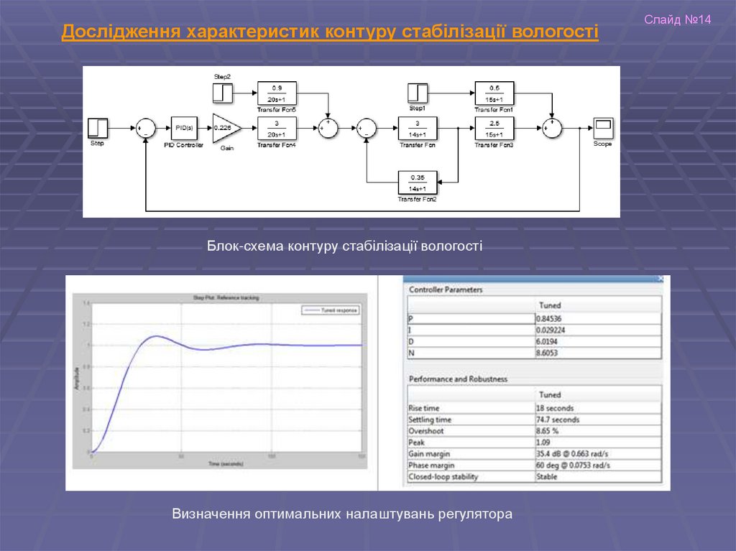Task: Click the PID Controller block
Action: (184, 128)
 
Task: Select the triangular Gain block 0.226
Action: (225, 128)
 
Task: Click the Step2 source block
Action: (223, 93)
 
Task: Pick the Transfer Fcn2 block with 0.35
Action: (418, 182)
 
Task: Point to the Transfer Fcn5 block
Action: (277, 93)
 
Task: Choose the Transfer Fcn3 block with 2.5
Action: (494, 128)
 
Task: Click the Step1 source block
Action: (418, 93)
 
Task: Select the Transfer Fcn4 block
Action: (277, 128)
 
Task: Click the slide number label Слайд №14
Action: (677, 19)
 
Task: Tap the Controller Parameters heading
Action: (446, 290)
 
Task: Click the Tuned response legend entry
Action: (331, 310)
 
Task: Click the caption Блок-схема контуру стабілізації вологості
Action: (345, 246)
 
